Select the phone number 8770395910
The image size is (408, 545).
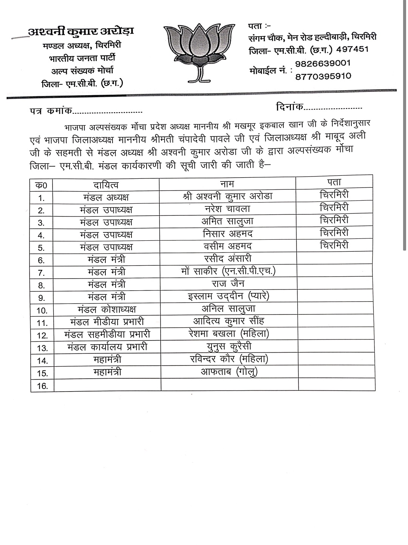click(323, 76)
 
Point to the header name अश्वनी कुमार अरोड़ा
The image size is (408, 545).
click(81, 32)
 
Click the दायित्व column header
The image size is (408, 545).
click(106, 184)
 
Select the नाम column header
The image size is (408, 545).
click(227, 184)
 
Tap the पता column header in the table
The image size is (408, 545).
click(334, 182)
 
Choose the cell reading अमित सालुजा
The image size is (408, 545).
click(227, 221)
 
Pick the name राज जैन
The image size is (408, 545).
click(227, 283)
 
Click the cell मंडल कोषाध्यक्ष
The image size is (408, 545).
click(107, 309)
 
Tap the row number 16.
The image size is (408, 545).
click(43, 386)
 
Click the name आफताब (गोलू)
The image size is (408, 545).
click(229, 372)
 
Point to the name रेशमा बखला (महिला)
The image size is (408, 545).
click(229, 334)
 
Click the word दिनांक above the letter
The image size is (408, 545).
click(289, 107)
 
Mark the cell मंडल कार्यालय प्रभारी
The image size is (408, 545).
click(107, 347)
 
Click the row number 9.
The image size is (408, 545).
click(42, 298)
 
